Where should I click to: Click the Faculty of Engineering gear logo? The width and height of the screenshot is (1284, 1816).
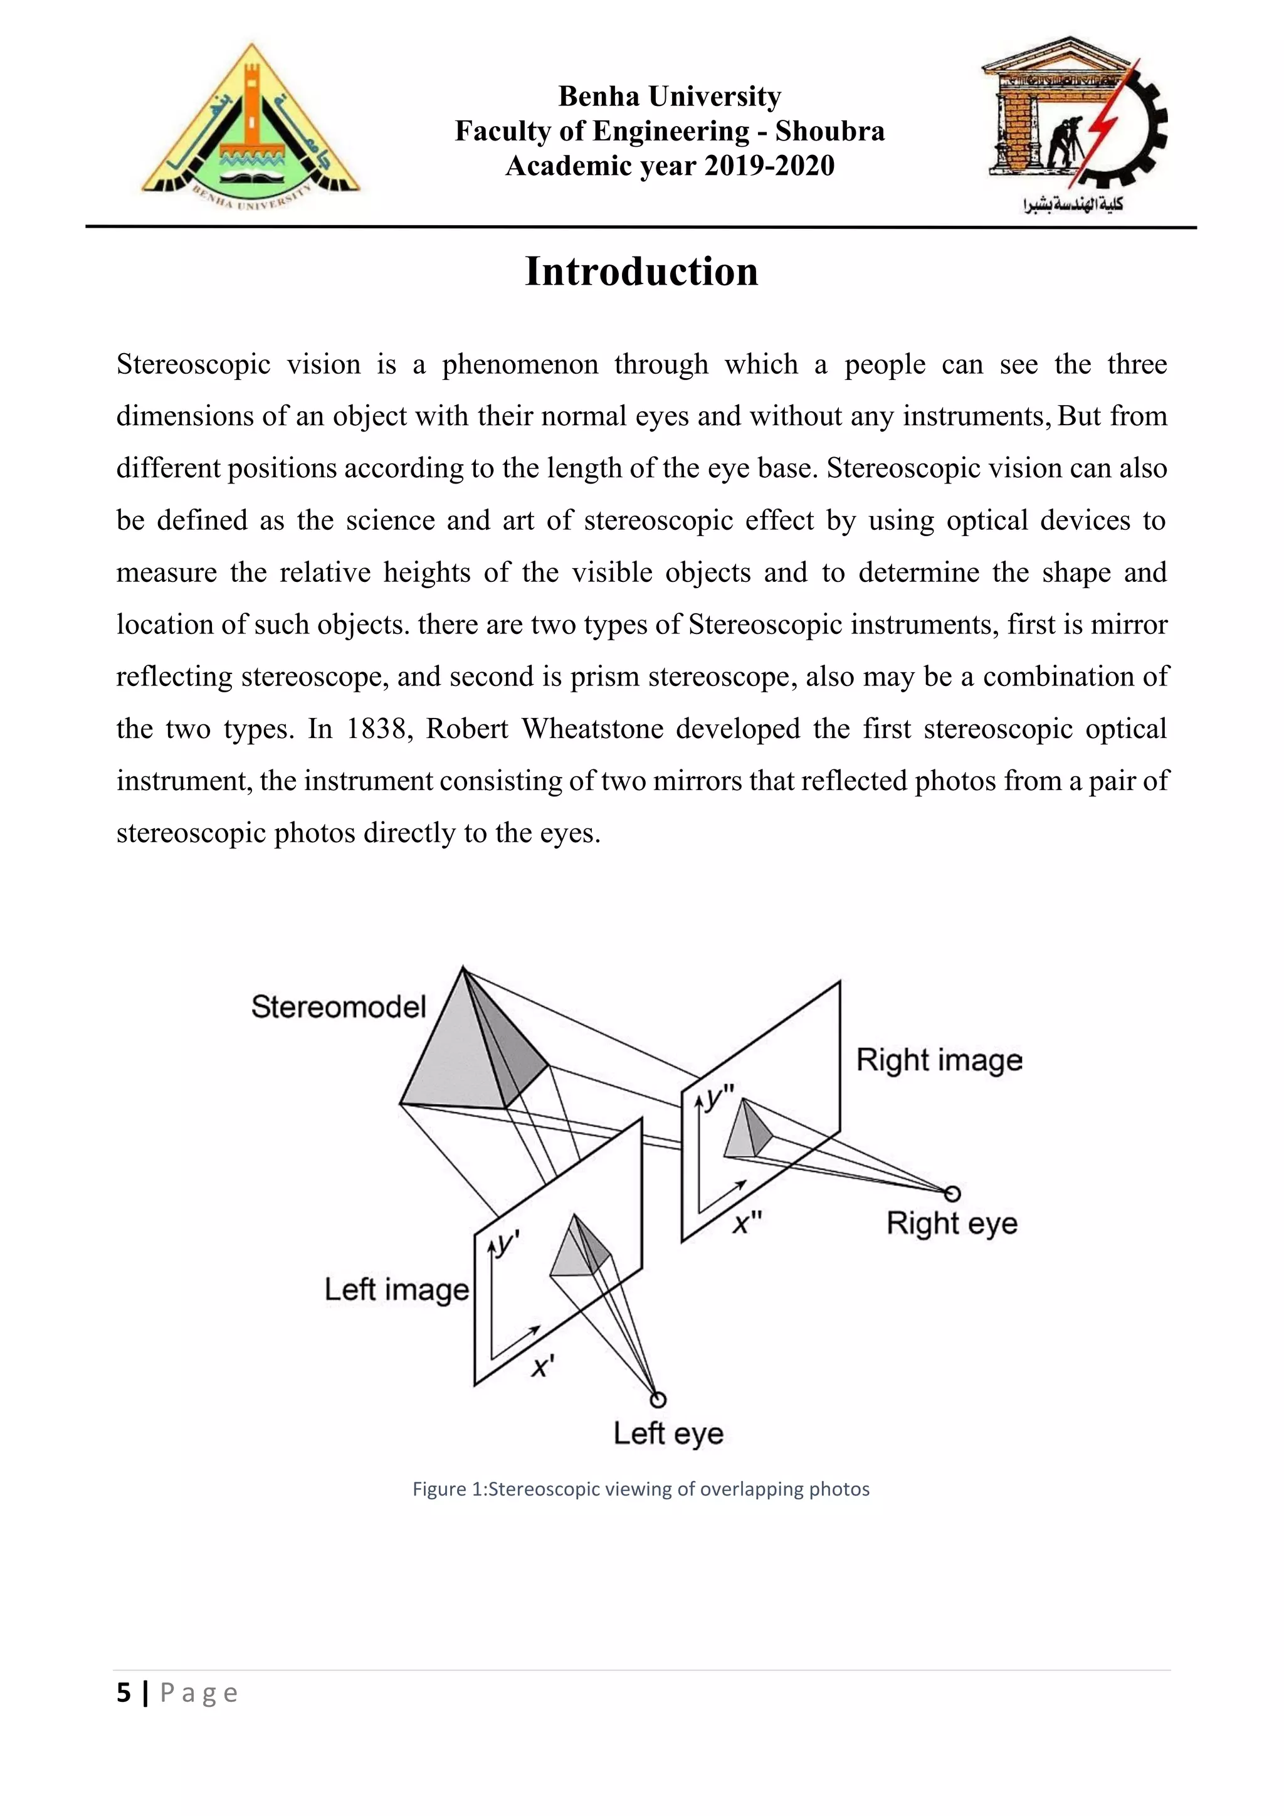[1075, 119]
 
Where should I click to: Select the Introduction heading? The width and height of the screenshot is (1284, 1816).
[641, 272]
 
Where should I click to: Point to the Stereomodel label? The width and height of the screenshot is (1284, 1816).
[339, 1007]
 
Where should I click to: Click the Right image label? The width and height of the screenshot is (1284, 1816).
[939, 1060]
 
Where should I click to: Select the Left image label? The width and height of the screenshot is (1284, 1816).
[397, 1289]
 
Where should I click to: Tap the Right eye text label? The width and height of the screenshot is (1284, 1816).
[952, 1223]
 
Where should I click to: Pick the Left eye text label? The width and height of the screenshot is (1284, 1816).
[669, 1433]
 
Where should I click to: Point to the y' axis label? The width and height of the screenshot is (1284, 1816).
[506, 1244]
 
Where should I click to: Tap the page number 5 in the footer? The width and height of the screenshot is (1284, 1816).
[124, 1693]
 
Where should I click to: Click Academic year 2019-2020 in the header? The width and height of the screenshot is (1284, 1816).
[670, 166]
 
